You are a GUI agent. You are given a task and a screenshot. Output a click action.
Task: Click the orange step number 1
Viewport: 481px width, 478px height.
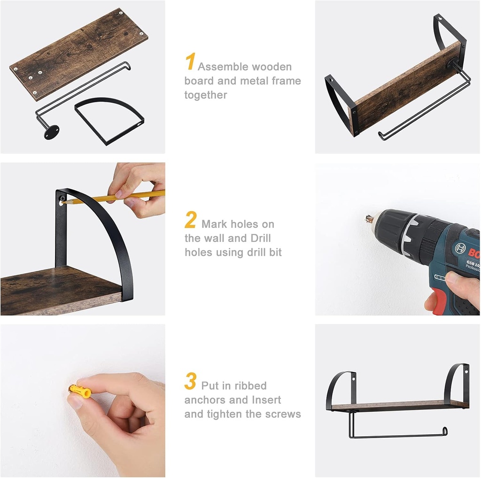pyautogui.click(x=190, y=62)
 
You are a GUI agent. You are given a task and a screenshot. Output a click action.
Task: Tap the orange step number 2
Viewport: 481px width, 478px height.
pyautogui.click(x=190, y=220)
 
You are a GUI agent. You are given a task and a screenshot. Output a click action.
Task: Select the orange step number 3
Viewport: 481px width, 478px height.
pyautogui.click(x=190, y=382)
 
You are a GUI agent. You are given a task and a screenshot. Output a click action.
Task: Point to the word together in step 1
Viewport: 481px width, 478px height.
pyautogui.click(x=205, y=95)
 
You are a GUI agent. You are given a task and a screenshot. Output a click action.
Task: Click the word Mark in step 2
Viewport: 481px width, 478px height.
pyautogui.click(x=214, y=224)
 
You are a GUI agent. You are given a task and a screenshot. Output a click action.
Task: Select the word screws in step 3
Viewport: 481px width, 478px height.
pyautogui.click(x=282, y=414)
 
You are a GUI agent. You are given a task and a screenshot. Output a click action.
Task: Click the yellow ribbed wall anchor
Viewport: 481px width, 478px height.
pyautogui.click(x=79, y=390)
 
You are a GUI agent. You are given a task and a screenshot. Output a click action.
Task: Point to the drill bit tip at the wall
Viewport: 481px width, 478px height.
pyautogui.click(x=367, y=218)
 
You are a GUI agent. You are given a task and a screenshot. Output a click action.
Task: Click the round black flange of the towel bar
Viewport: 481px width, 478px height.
pyautogui.click(x=51, y=131)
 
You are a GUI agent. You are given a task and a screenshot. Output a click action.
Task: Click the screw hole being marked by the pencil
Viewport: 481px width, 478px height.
pyautogui.click(x=62, y=200)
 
